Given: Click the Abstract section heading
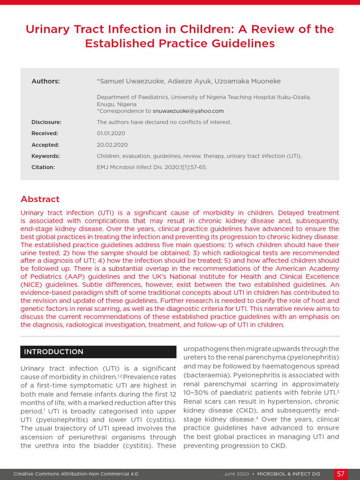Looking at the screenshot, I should point(40,199).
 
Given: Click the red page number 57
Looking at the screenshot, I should point(341,474).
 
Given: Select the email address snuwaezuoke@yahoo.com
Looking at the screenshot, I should point(188,111).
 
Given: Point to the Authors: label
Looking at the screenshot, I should point(45,81).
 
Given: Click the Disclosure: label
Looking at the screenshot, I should point(46,122).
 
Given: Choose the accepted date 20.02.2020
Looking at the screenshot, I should point(112,145).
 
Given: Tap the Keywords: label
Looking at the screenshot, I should point(45,156).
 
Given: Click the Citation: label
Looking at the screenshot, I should point(43,167).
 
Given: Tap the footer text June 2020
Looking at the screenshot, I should point(237,474).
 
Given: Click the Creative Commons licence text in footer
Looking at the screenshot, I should point(76,474).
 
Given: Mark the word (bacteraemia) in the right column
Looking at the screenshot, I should point(205,375).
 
